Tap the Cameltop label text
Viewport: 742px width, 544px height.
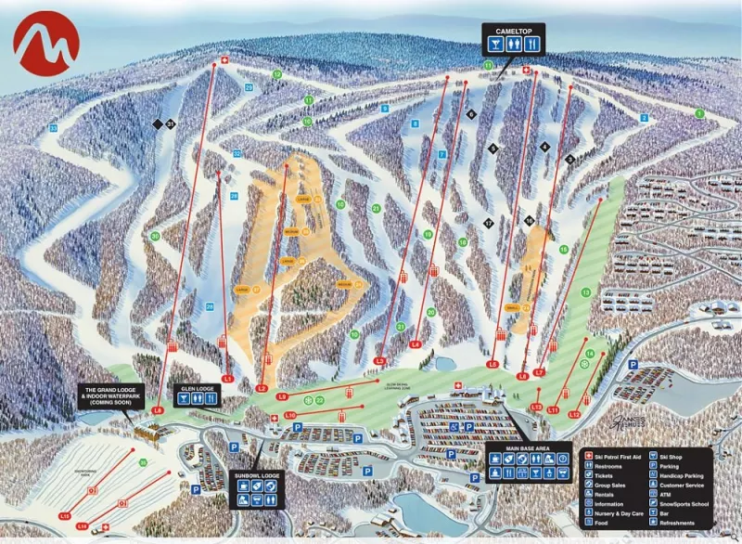coord(512,32)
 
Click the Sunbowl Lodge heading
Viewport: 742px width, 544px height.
coord(255,476)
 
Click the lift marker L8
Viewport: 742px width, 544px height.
coord(158,409)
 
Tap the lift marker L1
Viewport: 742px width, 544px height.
coord(227,378)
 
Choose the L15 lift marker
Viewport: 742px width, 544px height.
coord(65,514)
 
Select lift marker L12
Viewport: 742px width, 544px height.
coord(575,414)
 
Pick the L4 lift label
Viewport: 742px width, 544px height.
coord(416,344)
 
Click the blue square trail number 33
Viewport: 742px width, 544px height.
coord(53,127)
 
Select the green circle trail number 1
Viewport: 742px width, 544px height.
coord(699,112)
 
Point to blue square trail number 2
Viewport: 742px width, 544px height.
coord(644,118)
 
